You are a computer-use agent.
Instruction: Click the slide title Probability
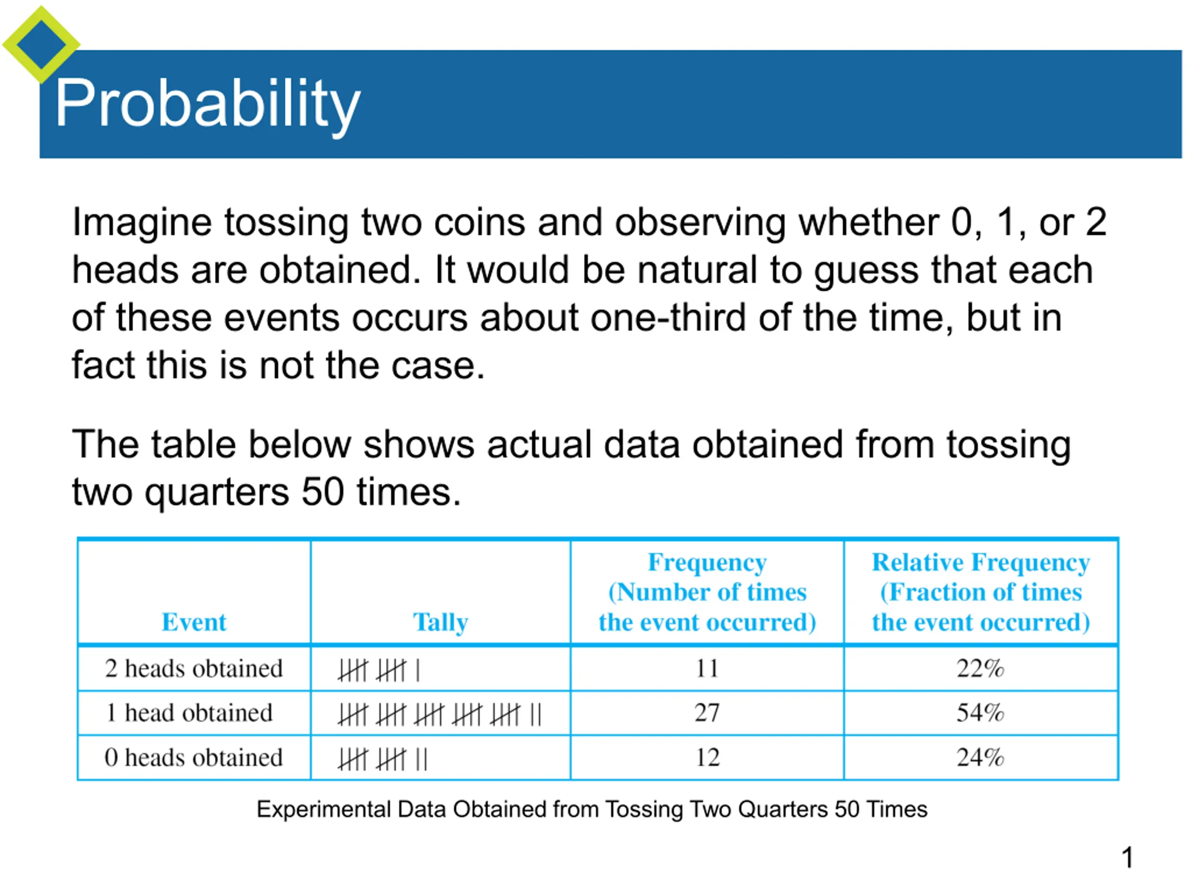(x=208, y=104)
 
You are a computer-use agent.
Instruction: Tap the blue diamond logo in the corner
(x=41, y=45)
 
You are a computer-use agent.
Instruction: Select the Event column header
(x=194, y=622)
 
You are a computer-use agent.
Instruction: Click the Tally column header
(x=440, y=623)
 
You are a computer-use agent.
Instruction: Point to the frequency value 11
(x=707, y=669)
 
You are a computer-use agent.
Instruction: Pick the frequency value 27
(x=707, y=713)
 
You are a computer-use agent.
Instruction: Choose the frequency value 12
(x=707, y=758)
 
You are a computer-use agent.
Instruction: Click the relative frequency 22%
(x=980, y=669)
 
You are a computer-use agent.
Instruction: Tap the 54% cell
(x=980, y=713)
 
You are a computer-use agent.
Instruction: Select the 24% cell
(x=980, y=758)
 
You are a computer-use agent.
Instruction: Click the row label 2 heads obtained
(x=194, y=669)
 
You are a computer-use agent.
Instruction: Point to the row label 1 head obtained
(x=190, y=713)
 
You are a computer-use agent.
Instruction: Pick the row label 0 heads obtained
(x=194, y=758)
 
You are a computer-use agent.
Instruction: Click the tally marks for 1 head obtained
(x=440, y=715)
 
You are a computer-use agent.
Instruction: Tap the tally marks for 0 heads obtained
(x=383, y=760)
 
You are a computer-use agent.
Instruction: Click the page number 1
(x=1127, y=858)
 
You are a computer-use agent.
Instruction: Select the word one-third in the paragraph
(x=668, y=318)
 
